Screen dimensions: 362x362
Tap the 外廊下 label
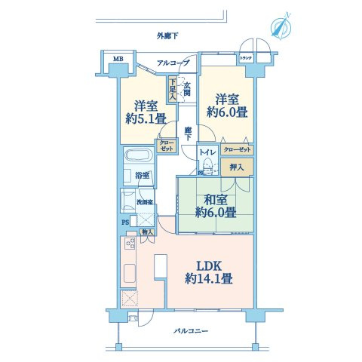click(x=167, y=35)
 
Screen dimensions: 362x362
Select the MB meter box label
click(x=118, y=59)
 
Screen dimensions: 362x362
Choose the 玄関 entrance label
click(x=186, y=87)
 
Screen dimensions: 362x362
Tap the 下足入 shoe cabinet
click(x=172, y=90)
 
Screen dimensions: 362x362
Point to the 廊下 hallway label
click(x=187, y=131)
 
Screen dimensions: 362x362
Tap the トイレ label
click(x=206, y=150)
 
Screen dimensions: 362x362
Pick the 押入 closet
click(x=236, y=167)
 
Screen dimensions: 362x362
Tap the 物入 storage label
click(x=148, y=232)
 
